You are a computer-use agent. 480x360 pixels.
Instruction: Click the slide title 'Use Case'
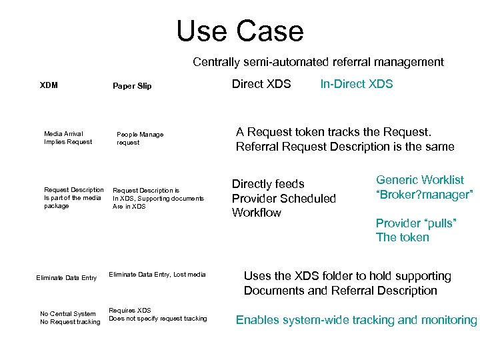point(239,31)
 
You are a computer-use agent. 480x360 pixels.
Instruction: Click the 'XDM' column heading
point(49,85)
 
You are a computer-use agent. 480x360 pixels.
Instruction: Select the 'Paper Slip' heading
point(132,86)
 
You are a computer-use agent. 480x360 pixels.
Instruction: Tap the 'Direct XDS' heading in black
point(261,84)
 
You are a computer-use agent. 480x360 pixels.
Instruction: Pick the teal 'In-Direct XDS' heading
point(357,84)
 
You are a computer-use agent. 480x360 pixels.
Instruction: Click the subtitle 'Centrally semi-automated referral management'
point(318,62)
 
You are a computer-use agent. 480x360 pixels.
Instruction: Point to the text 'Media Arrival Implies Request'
point(68,138)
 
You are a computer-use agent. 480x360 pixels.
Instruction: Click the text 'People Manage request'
point(139,138)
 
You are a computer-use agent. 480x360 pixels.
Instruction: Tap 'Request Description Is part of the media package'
point(73,198)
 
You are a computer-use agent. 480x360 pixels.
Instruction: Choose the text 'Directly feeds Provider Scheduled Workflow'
point(283,198)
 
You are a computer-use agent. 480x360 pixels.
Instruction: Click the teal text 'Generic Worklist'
point(420,179)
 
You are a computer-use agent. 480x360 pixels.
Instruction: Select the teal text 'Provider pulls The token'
point(415,230)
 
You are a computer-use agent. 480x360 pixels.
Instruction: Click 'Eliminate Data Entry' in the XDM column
point(67,278)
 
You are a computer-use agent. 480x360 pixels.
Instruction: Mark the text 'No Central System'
point(68,314)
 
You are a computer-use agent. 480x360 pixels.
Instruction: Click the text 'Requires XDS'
point(130,311)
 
